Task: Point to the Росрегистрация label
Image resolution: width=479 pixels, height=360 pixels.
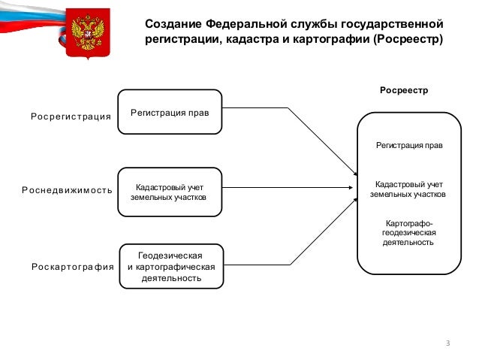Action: click(x=71, y=116)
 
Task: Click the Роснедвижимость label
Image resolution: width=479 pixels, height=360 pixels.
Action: click(x=68, y=190)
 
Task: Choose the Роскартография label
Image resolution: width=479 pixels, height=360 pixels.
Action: click(x=73, y=267)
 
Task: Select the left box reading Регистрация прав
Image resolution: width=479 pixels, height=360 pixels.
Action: click(x=170, y=112)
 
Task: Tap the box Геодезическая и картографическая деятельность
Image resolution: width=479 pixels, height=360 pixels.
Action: click(x=171, y=266)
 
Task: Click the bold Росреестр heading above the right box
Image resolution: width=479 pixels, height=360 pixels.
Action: click(x=404, y=90)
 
